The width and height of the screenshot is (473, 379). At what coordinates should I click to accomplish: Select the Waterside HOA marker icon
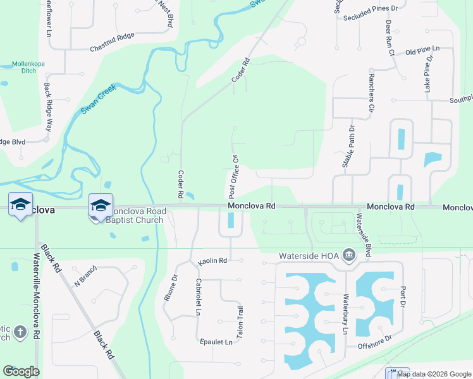coord(348,256)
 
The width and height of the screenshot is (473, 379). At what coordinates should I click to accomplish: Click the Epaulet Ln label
coord(216,342)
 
